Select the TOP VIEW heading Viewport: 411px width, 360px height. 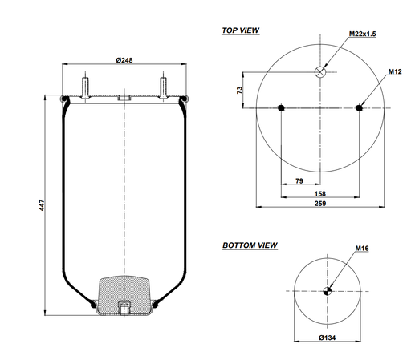point(241,30)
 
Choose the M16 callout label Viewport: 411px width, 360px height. point(362,249)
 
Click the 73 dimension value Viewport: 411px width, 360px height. point(239,91)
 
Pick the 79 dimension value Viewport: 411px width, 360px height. point(299,182)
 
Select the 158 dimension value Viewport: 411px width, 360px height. point(320,193)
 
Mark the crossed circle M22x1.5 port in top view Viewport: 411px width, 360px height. point(320,71)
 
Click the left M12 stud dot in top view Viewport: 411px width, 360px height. point(281,108)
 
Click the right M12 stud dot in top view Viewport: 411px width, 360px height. point(359,108)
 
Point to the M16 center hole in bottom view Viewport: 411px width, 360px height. point(328,291)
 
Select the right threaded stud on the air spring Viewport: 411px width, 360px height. point(163,85)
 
